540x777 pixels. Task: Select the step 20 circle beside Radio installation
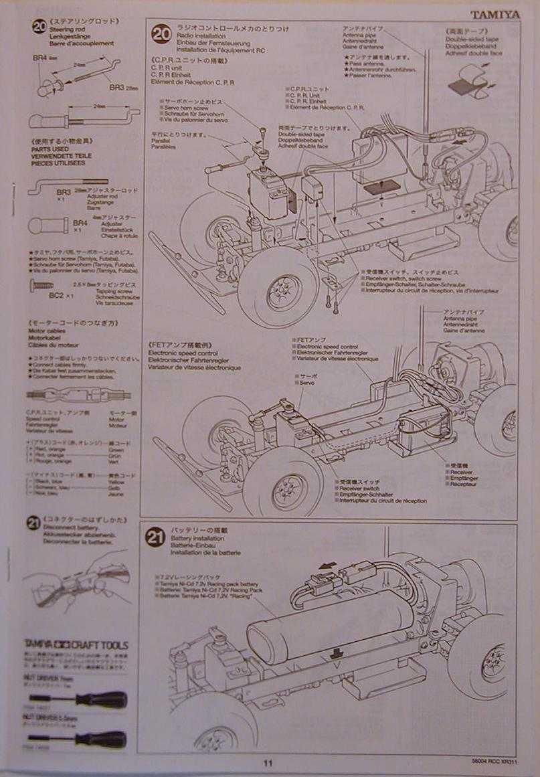161,34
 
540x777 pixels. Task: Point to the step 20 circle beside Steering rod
39,27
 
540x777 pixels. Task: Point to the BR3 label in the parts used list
64,192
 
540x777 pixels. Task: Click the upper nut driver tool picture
80,699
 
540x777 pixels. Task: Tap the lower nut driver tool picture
80,739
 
